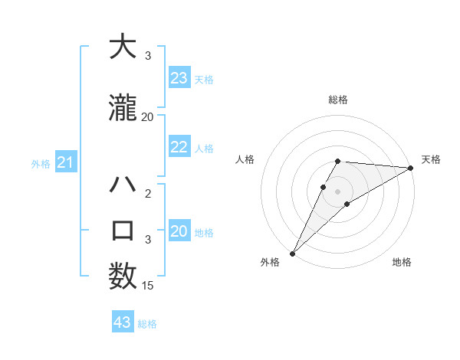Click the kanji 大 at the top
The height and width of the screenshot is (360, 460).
pos(123,47)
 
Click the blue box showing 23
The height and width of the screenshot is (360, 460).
pos(179,78)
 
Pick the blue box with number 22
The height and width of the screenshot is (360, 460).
pos(179,148)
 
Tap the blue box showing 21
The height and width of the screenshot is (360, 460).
pos(65,162)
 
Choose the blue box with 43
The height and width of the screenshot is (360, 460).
pos(123,322)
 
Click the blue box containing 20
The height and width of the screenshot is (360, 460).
pos(179,232)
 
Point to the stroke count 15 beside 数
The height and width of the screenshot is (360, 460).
pos(148,286)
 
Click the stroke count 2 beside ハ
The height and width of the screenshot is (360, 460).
pos(148,194)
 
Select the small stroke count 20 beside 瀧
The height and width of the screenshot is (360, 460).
pos(148,117)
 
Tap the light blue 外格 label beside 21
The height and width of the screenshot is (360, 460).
pos(40,163)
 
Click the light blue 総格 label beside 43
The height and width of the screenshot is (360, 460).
pos(147,324)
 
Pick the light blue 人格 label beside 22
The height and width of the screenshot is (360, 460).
pos(204,149)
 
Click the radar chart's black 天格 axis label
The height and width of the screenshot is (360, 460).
pos(431,159)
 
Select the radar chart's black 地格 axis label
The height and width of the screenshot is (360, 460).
pos(402,262)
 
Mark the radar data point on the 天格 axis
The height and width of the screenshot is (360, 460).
pos(411,168)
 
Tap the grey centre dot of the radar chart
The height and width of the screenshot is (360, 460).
pos(337,191)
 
